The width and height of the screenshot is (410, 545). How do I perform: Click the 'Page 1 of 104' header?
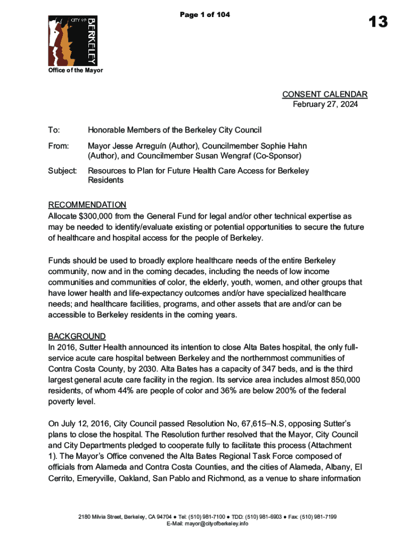pos(205,15)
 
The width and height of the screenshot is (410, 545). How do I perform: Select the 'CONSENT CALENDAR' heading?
pos(324,95)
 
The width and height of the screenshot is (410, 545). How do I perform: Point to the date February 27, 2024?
pos(325,104)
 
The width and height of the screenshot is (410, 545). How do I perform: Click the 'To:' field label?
pos(54,130)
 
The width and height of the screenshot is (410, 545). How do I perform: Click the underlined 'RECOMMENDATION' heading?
pos(87,205)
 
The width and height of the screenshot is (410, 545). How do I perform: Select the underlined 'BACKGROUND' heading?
pos(77,336)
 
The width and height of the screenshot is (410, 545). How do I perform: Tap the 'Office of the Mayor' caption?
pos(76,70)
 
